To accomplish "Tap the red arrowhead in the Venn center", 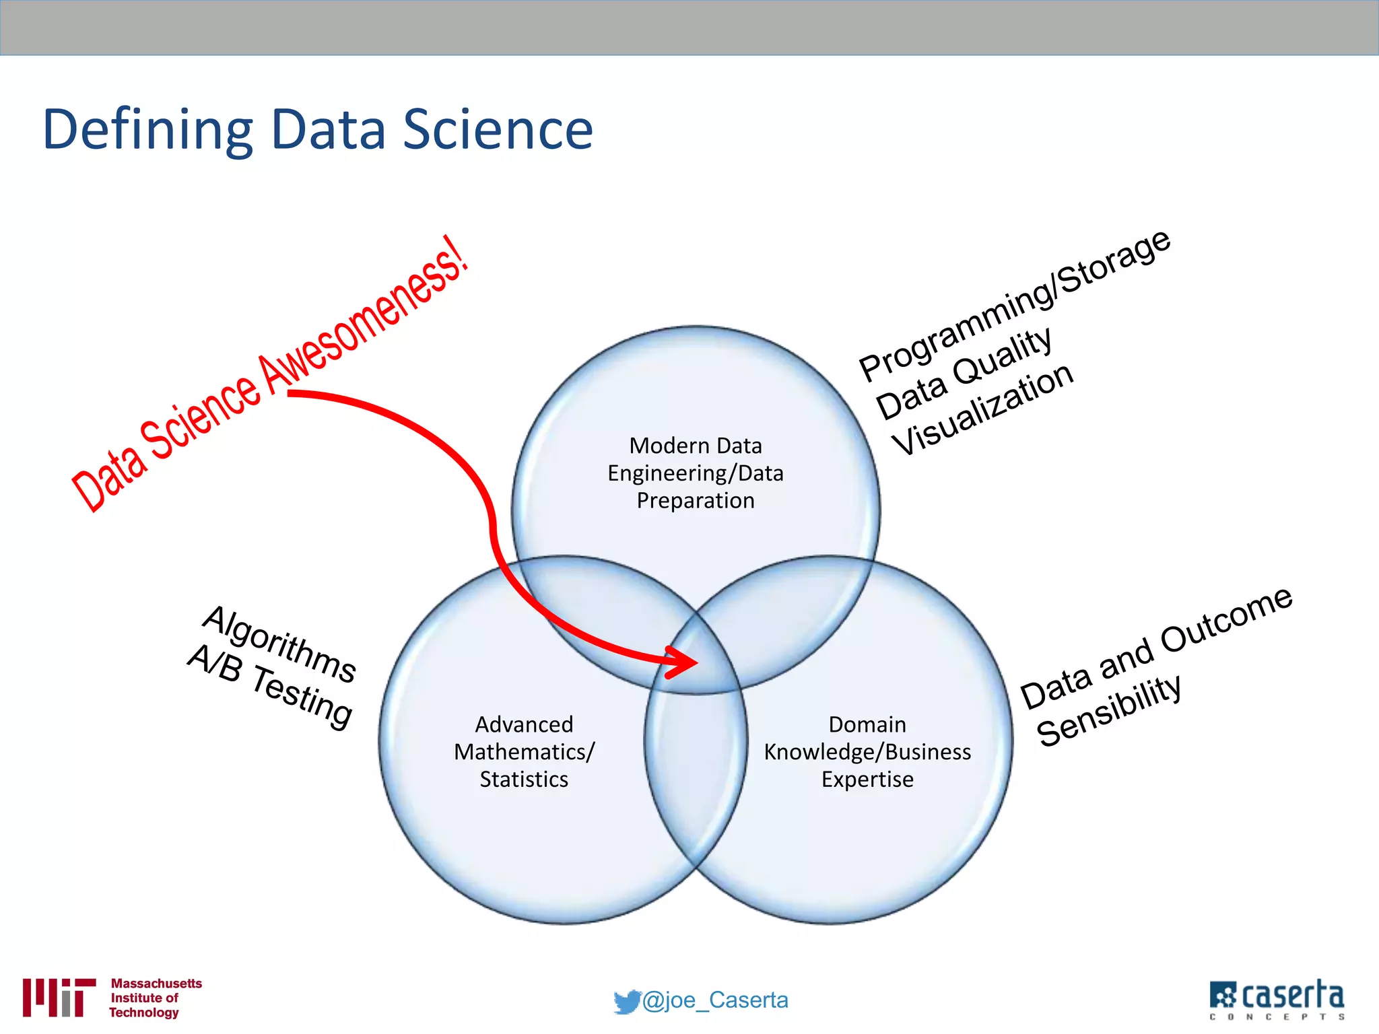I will (x=683, y=662).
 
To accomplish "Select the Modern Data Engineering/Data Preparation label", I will (x=696, y=473).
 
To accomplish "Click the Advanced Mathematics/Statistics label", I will (x=524, y=752).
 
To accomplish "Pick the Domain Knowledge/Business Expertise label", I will (x=867, y=752).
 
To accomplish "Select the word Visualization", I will (x=983, y=409).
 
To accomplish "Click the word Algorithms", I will (x=279, y=644).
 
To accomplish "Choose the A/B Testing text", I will (x=269, y=687).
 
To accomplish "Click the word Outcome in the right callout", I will (x=1226, y=620).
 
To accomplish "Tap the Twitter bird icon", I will (x=626, y=1002).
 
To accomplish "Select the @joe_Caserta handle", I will (x=715, y=1000).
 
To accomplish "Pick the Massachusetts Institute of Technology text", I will (x=156, y=998).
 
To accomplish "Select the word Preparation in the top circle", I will (x=696, y=501).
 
